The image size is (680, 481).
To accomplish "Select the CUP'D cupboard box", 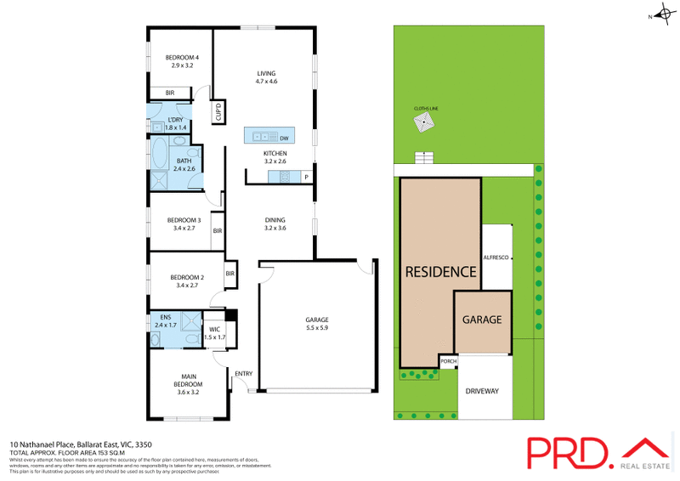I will tap(218, 113).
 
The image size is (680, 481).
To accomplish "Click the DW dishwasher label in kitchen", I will tap(285, 137).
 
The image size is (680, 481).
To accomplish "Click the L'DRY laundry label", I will tap(175, 120).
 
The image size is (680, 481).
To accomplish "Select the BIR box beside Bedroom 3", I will tap(218, 230).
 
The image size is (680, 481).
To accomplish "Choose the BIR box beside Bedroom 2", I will tap(229, 273).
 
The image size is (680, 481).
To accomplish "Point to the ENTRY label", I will tap(244, 373).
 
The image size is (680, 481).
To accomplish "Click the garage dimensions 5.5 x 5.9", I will tap(317, 328).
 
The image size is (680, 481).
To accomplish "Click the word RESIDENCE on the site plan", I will tap(440, 272).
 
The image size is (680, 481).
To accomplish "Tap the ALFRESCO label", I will tap(496, 257).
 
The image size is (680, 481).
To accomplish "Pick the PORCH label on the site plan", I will tap(448, 361).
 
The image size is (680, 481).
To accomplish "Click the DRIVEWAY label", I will tap(481, 391).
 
